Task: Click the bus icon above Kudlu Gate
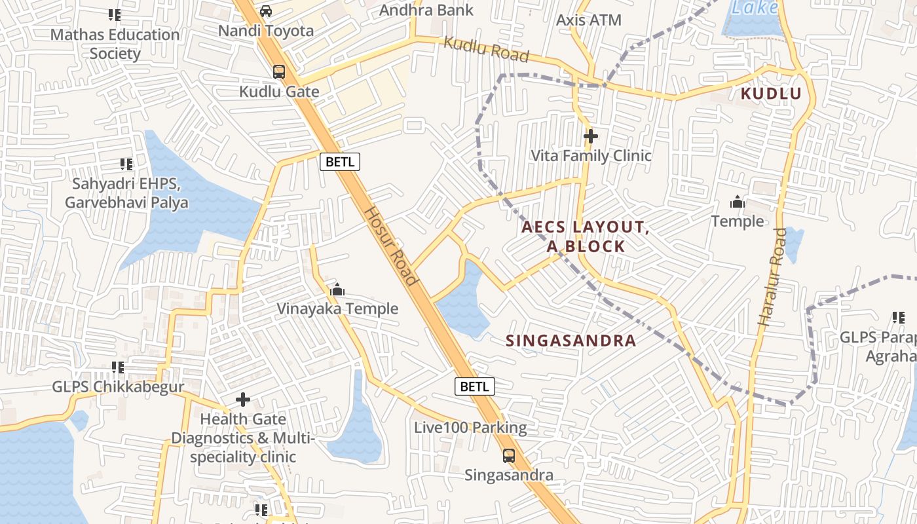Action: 279,72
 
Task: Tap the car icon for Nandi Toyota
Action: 265,11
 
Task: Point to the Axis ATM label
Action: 588,20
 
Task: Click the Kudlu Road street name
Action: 486,50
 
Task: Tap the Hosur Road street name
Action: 391,246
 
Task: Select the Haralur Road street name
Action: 772,276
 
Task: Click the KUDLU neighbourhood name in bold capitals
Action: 771,94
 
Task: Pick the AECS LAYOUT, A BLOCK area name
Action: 585,236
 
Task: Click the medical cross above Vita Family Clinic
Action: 591,136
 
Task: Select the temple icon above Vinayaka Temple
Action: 337,290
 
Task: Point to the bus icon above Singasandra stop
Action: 509,456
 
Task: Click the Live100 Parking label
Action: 470,428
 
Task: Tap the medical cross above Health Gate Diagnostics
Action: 243,399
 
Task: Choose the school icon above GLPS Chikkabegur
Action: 118,368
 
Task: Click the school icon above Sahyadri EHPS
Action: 126,164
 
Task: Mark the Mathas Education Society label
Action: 115,44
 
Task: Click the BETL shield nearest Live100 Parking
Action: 474,386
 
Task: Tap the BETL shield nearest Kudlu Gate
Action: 340,161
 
